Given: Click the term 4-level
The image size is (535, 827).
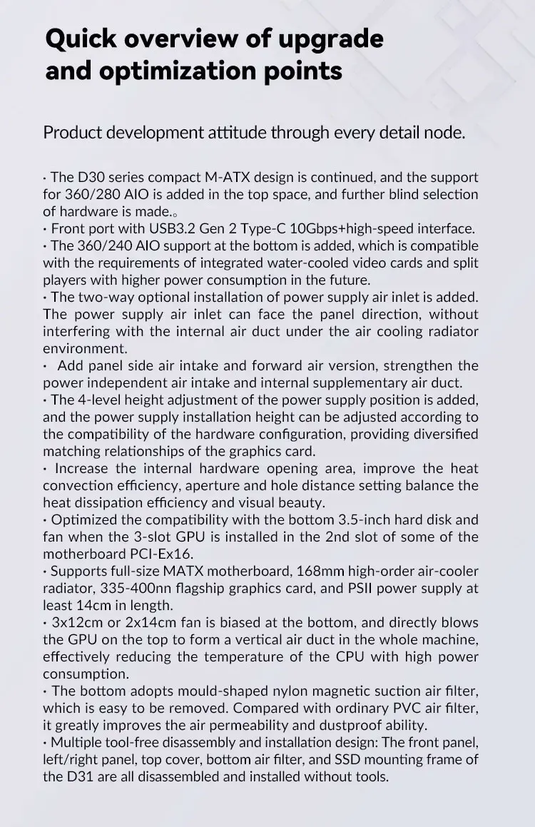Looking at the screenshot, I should click(x=91, y=400).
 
